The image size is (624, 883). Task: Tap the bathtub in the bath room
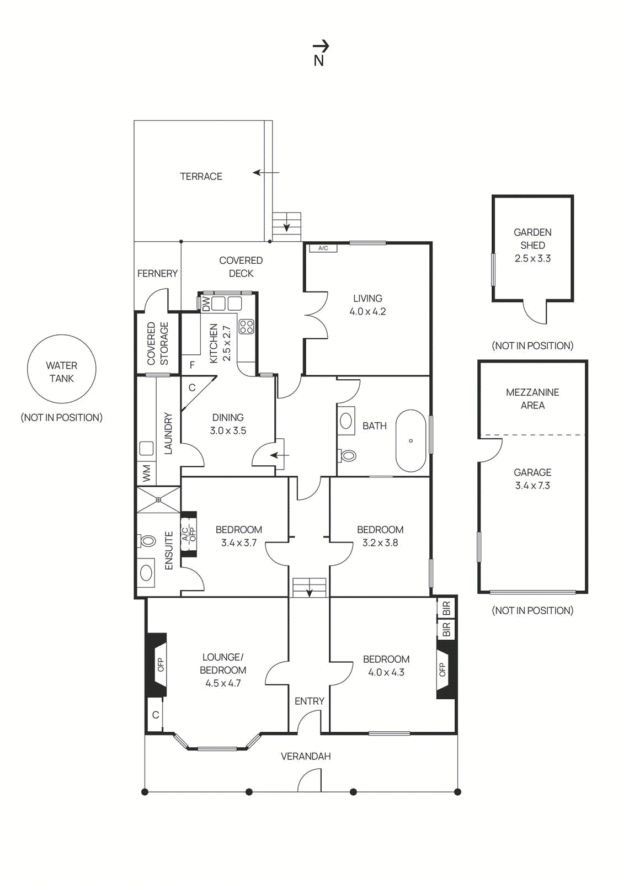(x=410, y=440)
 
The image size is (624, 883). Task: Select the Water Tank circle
(x=62, y=369)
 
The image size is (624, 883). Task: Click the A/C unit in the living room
(x=323, y=248)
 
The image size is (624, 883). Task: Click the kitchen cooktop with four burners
(x=246, y=326)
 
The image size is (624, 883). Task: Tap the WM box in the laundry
(x=146, y=473)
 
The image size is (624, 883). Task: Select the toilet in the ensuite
(x=147, y=541)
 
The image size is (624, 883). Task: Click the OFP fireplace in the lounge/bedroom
(x=158, y=664)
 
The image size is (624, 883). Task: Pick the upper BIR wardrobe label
(x=446, y=608)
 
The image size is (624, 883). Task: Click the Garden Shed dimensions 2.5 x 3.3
(x=532, y=258)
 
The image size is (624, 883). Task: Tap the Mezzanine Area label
(x=532, y=398)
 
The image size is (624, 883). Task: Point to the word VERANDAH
(x=306, y=756)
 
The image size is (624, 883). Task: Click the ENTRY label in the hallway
(x=309, y=701)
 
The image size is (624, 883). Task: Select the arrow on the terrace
(x=266, y=173)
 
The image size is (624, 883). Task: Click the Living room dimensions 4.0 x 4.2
(x=367, y=311)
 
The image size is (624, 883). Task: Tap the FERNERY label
(x=157, y=273)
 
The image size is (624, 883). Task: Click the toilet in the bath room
(x=348, y=455)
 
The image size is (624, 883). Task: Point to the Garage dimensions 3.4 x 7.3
(x=532, y=486)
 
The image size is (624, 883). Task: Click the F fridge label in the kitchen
(x=192, y=365)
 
